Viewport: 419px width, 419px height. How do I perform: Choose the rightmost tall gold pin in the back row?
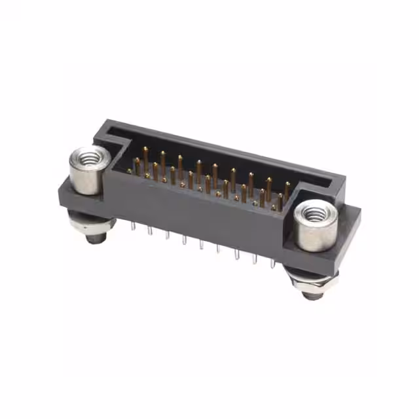point(287,189)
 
